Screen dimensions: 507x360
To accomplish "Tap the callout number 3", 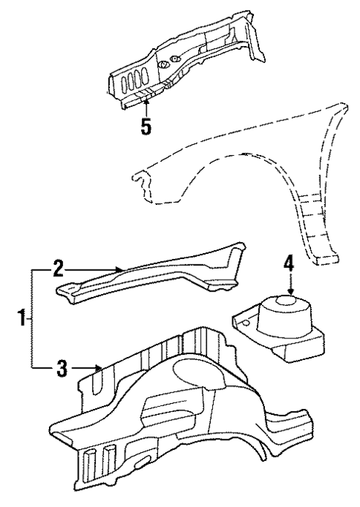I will click(64, 366).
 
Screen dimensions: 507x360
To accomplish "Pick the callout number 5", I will click(147, 126).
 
